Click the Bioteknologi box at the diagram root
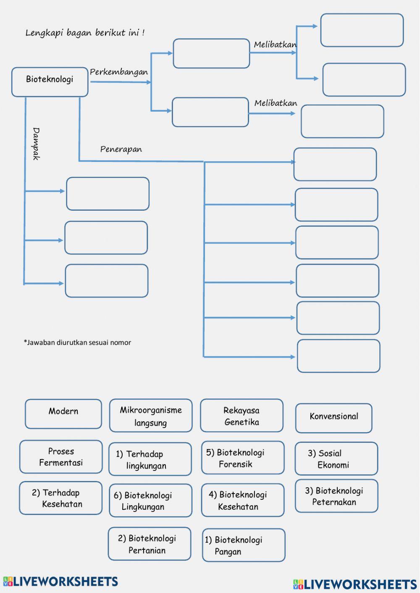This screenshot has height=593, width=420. [x=50, y=81]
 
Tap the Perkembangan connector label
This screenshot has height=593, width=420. [x=119, y=72]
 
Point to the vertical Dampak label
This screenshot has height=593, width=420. [x=36, y=144]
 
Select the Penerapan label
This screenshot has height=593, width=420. [x=121, y=149]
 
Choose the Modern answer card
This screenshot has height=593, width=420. [x=63, y=413]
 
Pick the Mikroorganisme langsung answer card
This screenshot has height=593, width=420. [x=150, y=416]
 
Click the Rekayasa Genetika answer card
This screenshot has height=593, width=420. [x=241, y=416]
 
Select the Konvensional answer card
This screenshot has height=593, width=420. [x=333, y=418]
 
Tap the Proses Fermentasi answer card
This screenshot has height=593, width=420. [x=61, y=457]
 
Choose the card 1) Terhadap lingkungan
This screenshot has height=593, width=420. [x=150, y=459]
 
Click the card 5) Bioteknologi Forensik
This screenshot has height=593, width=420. [x=242, y=458]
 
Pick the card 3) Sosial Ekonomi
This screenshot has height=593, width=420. [x=336, y=459]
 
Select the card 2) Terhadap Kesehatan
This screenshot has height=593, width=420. [x=60, y=498]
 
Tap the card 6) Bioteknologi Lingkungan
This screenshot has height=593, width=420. [x=150, y=501]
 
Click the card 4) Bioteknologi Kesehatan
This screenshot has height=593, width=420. [x=242, y=500]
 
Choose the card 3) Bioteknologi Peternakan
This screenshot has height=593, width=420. [x=336, y=496]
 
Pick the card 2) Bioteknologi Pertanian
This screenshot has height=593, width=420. [x=149, y=544]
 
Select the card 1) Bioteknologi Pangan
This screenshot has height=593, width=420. [x=243, y=545]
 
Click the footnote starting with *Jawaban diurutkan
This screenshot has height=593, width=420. [x=77, y=342]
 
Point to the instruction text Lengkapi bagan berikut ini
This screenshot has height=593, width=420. [x=85, y=32]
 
